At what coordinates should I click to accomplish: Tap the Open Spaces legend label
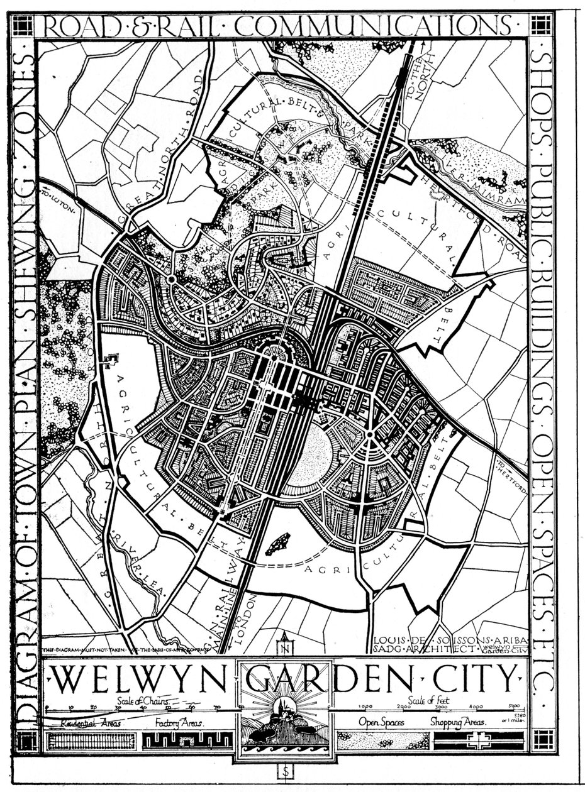(x=381, y=723)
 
